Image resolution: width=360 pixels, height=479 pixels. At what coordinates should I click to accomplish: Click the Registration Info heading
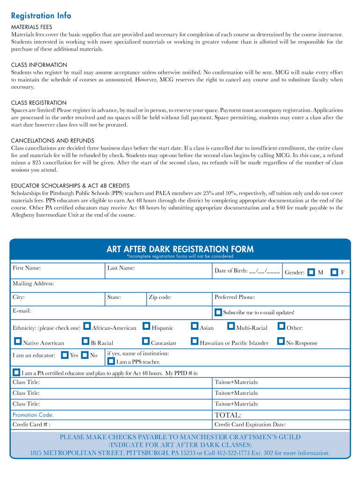(x=41, y=16)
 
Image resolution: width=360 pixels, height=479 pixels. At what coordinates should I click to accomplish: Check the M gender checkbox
(x=311, y=272)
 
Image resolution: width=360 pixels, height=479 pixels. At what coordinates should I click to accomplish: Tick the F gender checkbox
(x=334, y=272)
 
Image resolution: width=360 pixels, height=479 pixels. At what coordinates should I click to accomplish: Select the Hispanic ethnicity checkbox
(x=147, y=326)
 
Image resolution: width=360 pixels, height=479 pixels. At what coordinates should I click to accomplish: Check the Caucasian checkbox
(x=146, y=341)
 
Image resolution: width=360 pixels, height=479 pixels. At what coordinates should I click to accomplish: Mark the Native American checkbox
(x=18, y=341)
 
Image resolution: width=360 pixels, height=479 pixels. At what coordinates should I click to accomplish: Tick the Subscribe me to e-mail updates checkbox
(x=218, y=312)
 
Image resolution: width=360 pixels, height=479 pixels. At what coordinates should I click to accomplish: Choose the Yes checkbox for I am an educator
(x=65, y=355)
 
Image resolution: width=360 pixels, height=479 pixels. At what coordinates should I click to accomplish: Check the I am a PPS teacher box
(x=111, y=361)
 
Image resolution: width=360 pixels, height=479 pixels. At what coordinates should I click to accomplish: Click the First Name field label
(x=27, y=268)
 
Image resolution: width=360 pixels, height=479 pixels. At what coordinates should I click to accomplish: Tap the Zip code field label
(x=160, y=298)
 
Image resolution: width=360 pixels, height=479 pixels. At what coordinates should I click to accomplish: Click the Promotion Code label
(x=33, y=415)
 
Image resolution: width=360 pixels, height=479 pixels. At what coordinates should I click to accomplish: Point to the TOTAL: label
(x=228, y=415)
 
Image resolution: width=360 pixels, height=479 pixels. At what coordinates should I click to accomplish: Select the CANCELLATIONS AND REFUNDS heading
(x=52, y=140)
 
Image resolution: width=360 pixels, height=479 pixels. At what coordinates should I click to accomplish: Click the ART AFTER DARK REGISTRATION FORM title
(x=180, y=249)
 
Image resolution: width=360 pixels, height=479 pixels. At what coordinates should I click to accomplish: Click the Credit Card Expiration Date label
(x=250, y=425)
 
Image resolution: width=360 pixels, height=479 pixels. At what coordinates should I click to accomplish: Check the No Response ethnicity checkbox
(x=281, y=341)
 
